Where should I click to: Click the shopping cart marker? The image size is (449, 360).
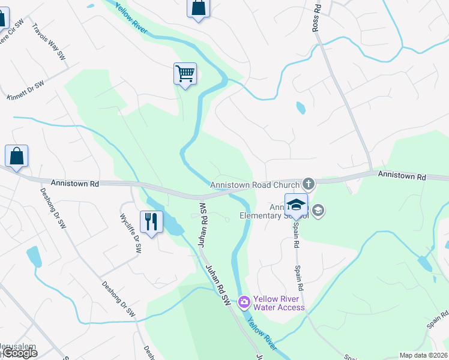click(x=185, y=74)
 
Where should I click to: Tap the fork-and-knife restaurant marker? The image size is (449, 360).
click(x=151, y=222)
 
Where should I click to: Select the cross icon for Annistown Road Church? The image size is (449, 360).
click(x=309, y=183)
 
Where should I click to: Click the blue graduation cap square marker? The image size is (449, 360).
click(x=296, y=205)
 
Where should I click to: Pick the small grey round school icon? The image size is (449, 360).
click(x=318, y=210)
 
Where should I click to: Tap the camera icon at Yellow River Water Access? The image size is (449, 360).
click(x=244, y=301)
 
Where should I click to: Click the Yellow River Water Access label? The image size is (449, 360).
click(x=279, y=303)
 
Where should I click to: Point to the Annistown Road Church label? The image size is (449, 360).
click(x=254, y=185)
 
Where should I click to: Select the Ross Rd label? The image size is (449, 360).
click(x=316, y=17)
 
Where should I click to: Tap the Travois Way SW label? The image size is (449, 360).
click(x=49, y=41)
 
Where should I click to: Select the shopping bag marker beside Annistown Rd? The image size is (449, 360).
click(x=16, y=156)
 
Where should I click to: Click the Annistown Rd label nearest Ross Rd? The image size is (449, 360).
click(x=402, y=176)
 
